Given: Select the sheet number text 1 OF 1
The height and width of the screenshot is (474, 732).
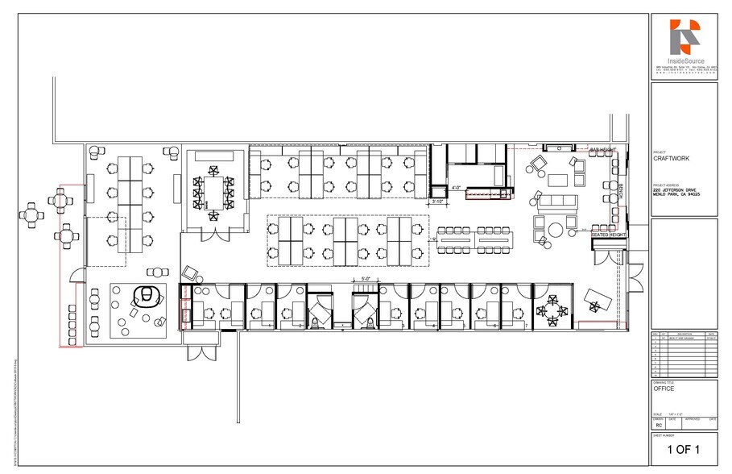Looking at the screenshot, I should [x=683, y=449].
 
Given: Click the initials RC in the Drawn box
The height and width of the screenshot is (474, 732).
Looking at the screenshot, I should [x=659, y=424].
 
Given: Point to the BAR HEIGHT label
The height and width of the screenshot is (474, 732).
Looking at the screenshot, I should [x=602, y=150].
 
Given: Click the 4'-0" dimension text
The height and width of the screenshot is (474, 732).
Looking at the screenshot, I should [x=456, y=188].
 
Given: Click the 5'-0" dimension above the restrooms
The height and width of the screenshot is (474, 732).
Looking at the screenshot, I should [x=365, y=279].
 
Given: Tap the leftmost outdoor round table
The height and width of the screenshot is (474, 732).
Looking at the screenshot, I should [x=31, y=214].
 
